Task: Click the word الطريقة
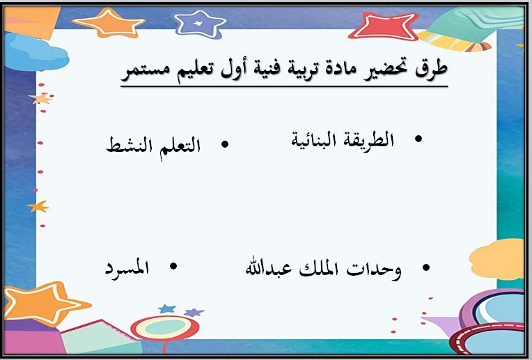pyautogui.click(x=368, y=140)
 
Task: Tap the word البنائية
pyautogui.click(x=313, y=140)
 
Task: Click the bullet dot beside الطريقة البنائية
pyautogui.click(x=418, y=140)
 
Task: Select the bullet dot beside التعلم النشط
pyautogui.click(x=224, y=144)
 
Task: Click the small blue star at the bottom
pyautogui.click(x=166, y=308)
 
